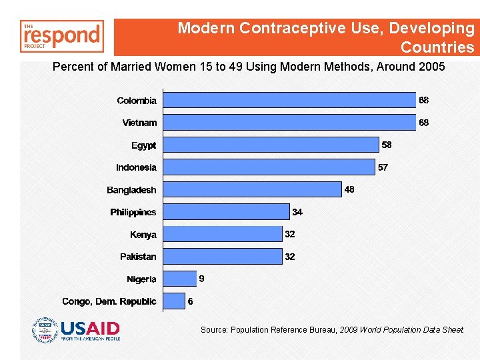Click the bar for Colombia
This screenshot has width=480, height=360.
pyautogui.click(x=289, y=100)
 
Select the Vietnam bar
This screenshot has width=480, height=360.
pyautogui.click(x=289, y=123)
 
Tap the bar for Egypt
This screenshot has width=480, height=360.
pyautogui.click(x=271, y=145)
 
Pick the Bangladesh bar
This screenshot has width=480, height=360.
pyautogui.click(x=252, y=189)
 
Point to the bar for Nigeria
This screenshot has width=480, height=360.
pyautogui.click(x=179, y=279)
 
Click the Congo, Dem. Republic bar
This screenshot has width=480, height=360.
pyautogui.click(x=174, y=301)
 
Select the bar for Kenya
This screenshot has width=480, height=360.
pyautogui.click(x=223, y=234)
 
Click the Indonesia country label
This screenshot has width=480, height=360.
pyautogui.click(x=136, y=167)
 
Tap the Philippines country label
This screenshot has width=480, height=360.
pyautogui.click(x=133, y=212)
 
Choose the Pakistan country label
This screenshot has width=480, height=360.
pyautogui.click(x=138, y=257)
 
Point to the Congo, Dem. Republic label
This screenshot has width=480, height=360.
pyautogui.click(x=109, y=301)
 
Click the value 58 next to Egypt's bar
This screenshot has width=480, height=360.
pyautogui.click(x=387, y=145)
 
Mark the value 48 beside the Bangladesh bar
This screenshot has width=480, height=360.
pyautogui.click(x=349, y=189)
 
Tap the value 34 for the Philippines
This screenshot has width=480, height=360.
pyautogui.click(x=297, y=212)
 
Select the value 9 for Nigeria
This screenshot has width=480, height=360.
pyautogui.click(x=201, y=279)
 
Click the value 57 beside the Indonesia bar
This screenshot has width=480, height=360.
pyautogui.click(x=383, y=167)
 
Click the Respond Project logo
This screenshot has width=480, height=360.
pyautogui.click(x=62, y=36)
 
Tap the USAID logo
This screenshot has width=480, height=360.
pyautogui.click(x=76, y=330)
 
